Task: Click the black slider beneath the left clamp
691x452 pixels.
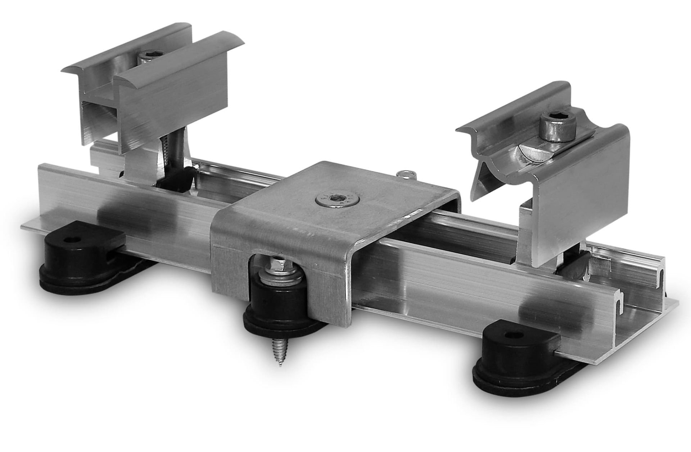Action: (176, 178)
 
